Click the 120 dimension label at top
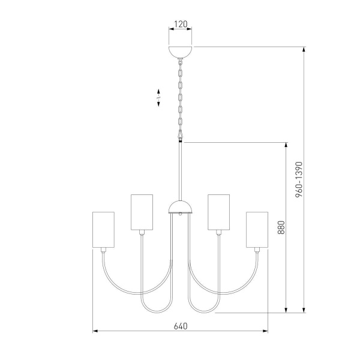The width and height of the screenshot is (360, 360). [181, 25]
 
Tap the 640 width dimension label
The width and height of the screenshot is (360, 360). [181, 327]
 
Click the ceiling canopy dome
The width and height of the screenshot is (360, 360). [181, 50]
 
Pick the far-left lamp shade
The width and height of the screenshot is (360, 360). [103, 229]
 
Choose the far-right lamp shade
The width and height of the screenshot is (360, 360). [257, 229]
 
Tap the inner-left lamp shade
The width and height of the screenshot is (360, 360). [141, 212]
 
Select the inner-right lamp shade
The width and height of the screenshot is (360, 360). [219, 212]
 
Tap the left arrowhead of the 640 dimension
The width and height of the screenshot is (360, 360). [95, 331]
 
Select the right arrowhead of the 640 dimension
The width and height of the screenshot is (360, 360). [265, 331]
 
